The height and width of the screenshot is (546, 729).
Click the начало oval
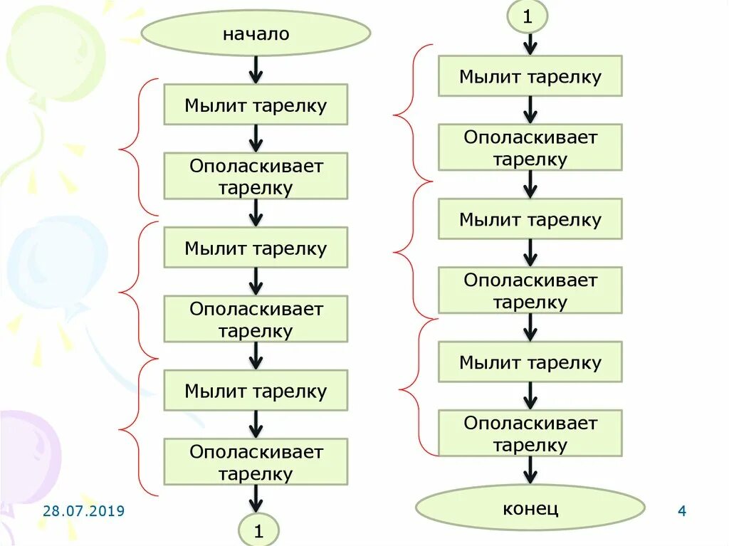coord(256,33)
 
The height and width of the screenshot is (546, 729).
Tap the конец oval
coord(530,508)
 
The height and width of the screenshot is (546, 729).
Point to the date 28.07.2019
coord(83,511)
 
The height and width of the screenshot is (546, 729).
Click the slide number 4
coord(681,511)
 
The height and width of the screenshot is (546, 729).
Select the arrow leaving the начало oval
coord(256,70)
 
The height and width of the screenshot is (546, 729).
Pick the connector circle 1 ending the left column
coord(258,530)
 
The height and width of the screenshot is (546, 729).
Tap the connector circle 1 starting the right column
coord(528,17)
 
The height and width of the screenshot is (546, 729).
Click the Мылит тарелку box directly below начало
coord(256,105)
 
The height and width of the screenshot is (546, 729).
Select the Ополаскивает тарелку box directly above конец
coord(530,434)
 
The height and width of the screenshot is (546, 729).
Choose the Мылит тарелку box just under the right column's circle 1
coord(530,76)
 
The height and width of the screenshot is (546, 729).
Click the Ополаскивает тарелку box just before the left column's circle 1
coord(256,462)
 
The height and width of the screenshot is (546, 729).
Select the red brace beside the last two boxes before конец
coord(413,388)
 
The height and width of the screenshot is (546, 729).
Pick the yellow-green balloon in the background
coord(61,53)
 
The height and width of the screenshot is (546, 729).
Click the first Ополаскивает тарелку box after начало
coord(256,177)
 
